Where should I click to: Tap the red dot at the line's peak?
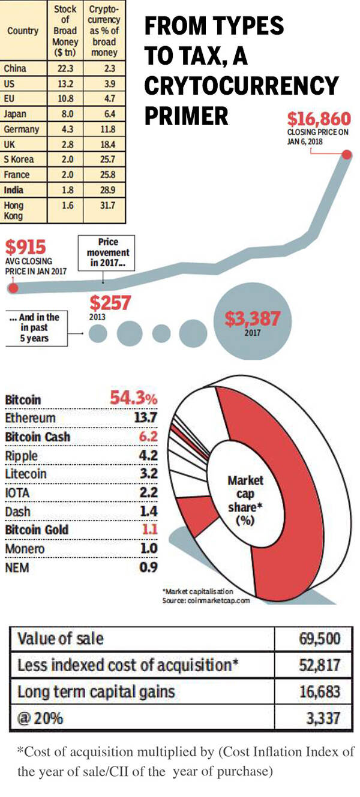tap(347, 155)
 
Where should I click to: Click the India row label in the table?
tap(14, 190)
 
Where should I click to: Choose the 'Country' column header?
tap(23, 31)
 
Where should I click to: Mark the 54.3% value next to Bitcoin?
tap(133, 399)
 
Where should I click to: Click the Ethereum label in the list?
tap(30, 418)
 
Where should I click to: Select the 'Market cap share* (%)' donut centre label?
tap(246, 500)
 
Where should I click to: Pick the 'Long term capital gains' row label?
tap(96, 691)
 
